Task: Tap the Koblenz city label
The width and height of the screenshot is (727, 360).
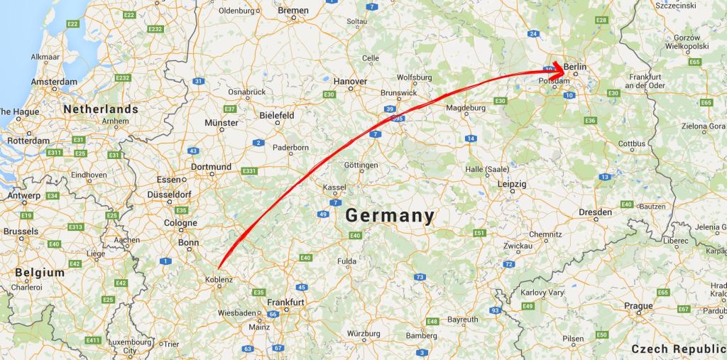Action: click(218, 280)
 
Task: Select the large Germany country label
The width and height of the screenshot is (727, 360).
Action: click(390, 216)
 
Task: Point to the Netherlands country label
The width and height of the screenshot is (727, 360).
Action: click(101, 109)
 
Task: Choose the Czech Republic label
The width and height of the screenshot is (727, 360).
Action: click(677, 349)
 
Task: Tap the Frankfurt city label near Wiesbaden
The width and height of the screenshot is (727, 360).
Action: click(286, 302)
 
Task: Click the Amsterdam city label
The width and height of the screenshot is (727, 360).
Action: click(54, 82)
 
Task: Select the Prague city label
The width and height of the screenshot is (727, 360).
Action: click(639, 306)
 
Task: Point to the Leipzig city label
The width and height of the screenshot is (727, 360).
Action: click(512, 184)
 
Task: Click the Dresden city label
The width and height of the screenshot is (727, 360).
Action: click(595, 212)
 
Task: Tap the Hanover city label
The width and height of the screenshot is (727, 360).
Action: click(351, 82)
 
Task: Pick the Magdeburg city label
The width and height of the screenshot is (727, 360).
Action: click(466, 108)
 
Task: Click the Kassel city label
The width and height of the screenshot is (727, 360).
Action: click(334, 187)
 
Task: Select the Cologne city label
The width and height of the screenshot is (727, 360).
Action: click(180, 223)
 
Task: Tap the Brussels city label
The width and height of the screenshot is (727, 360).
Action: click(21, 231)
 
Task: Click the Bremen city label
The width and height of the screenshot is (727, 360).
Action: click(293, 11)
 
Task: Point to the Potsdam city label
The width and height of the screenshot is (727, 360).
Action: click(554, 81)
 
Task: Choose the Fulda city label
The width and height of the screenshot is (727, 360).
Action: click(346, 261)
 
